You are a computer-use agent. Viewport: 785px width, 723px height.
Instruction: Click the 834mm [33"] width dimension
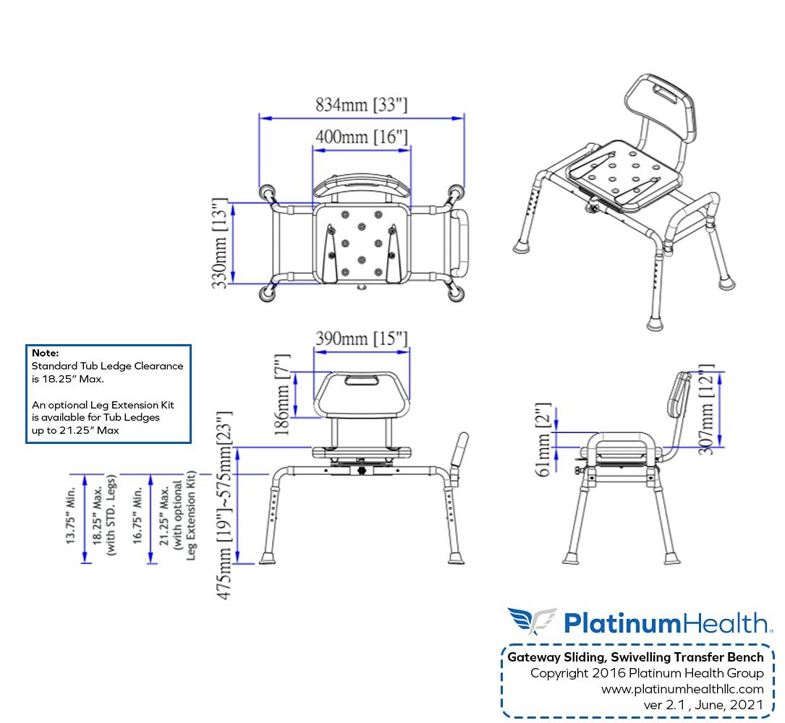pos(361,105)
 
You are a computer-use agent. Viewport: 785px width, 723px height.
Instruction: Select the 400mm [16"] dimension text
pos(361,137)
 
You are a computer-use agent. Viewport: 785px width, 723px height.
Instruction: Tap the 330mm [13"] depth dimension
pos(222,244)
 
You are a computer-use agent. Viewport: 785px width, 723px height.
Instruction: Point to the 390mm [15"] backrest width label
pos(361,338)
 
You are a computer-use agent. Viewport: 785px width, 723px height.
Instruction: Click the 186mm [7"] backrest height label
pos(282,394)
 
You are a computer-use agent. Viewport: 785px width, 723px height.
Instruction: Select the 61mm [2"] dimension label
pos(543,440)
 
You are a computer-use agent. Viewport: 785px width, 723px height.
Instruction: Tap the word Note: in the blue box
pos(45,353)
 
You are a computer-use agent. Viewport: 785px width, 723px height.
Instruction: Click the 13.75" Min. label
pos(71,518)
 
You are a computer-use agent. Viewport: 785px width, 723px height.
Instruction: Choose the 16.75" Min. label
pos(136,518)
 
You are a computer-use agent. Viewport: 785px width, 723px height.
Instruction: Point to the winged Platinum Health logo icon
pos(532,621)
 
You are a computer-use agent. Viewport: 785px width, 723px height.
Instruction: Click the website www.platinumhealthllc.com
pos(682,689)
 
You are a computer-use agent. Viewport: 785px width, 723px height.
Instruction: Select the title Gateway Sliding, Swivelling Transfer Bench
pos(635,657)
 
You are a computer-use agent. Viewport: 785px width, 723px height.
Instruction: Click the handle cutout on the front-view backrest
pos(361,379)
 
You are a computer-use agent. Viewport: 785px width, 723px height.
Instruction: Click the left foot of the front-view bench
pos(267,558)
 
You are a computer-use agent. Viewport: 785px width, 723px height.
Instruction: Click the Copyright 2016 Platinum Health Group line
pos(646,673)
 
